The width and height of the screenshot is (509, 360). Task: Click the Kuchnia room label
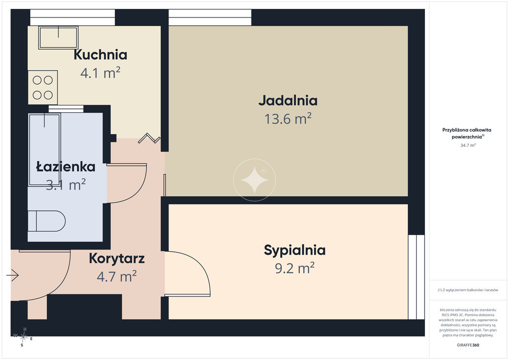click(100, 55)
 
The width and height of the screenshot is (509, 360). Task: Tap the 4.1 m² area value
click(100, 73)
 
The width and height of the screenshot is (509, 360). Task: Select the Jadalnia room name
click(288, 100)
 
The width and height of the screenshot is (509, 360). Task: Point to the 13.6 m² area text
click(288, 119)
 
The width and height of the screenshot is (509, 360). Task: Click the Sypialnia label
click(295, 250)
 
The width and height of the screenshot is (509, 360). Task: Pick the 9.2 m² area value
click(295, 269)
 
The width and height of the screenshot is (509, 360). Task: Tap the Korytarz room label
click(117, 259)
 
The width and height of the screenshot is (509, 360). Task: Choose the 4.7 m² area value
click(117, 276)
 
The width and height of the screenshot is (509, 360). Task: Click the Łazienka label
click(66, 167)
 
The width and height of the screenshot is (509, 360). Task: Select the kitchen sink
click(59, 38)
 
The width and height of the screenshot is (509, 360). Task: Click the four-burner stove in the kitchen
click(43, 88)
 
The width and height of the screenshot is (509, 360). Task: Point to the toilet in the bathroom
click(46, 221)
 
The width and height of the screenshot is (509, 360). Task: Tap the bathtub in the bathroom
click(44, 150)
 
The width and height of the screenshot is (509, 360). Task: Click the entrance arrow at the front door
click(12, 275)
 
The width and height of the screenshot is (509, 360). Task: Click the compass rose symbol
click(23, 338)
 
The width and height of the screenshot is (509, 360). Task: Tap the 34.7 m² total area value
click(468, 145)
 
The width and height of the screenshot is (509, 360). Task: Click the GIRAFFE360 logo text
click(468, 345)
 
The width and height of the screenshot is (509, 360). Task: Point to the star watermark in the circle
click(254, 180)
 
